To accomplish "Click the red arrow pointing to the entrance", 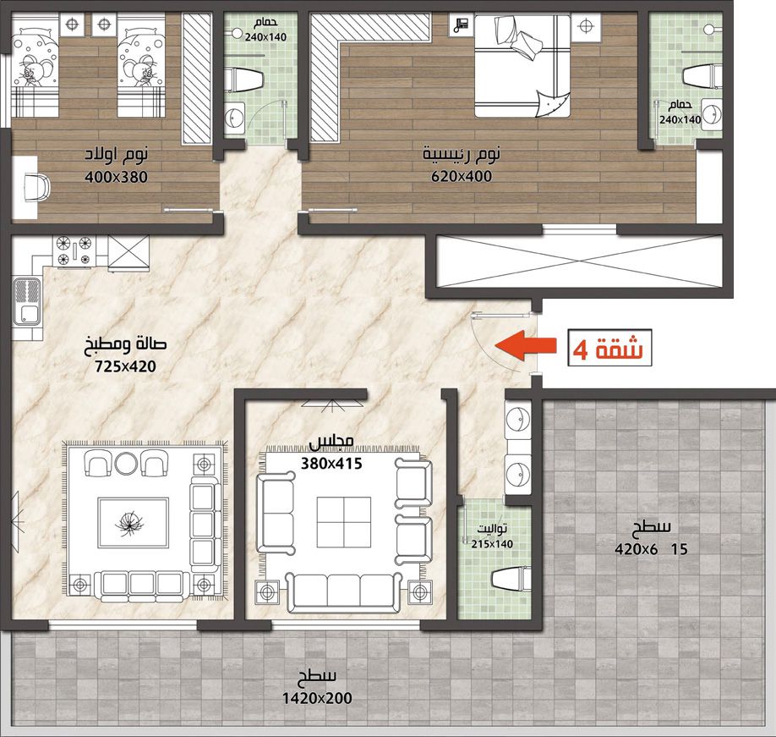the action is coord(526,344).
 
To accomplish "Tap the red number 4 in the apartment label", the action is coord(581,349).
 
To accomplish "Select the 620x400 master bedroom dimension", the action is coord(462,176).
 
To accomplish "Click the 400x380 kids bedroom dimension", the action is coord(116,177).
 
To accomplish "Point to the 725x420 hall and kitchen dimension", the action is coord(125,366).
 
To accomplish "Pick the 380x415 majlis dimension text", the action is coord(331,464).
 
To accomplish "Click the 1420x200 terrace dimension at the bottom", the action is coord(317,698).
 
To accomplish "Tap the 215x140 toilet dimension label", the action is coord(492,544).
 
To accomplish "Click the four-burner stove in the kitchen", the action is coord(74,250).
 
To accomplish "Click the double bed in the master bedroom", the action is coord(522,65).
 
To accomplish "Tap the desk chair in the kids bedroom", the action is coord(37,188).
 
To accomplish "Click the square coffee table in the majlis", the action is coord(344,522).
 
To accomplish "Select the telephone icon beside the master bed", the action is coord(462,25).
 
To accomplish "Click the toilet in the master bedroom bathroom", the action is coord(702,76).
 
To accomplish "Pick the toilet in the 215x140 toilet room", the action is coord(511,579).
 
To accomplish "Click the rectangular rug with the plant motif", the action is coord(133,523).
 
